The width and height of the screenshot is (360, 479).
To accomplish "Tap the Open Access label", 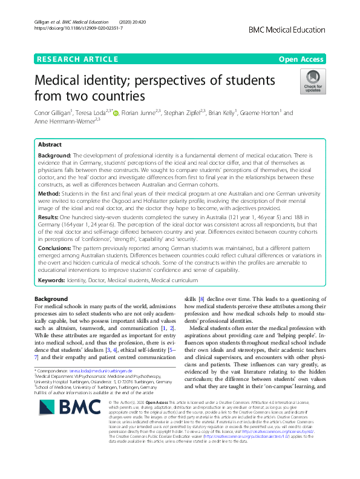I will point(301,59).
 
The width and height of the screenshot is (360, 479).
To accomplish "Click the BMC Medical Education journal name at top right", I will point(291,28).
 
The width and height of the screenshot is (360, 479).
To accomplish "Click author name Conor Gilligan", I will point(55,113).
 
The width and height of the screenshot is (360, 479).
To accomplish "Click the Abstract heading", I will point(50,145).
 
